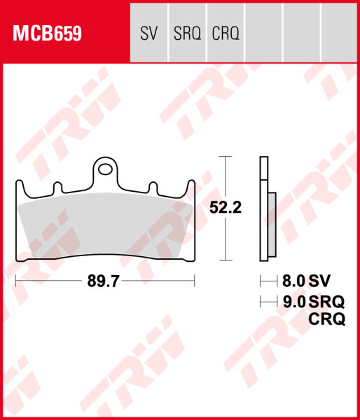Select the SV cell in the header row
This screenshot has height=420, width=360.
[x=149, y=33]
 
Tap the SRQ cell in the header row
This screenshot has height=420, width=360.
[x=187, y=33]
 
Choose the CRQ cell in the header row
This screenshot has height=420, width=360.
[x=226, y=33]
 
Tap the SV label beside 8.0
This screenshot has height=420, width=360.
[x=320, y=281]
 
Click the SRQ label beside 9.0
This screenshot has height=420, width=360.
[x=326, y=302]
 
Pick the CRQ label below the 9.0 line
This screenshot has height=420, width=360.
[x=326, y=320]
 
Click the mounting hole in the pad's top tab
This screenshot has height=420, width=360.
[x=105, y=168]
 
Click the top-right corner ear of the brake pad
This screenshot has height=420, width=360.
[x=191, y=185]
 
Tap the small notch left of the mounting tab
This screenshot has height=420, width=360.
[x=59, y=187]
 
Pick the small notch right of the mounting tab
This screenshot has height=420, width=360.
[x=151, y=187]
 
